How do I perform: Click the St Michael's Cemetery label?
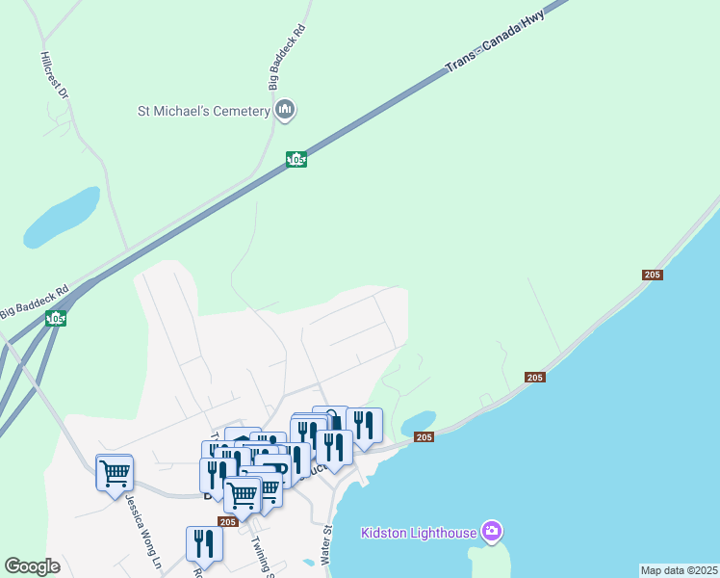click(203, 112)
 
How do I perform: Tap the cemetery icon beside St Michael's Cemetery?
click(284, 111)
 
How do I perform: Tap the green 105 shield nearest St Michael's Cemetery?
click(296, 159)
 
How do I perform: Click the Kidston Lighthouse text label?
click(419, 533)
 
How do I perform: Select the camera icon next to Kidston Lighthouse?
click(492, 531)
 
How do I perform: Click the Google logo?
click(32, 566)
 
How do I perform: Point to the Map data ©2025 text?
click(679, 570)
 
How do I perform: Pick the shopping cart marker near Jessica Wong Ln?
click(115, 472)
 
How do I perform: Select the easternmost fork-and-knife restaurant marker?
click(364, 424)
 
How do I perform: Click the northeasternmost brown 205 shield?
click(652, 276)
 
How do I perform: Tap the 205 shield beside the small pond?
click(424, 437)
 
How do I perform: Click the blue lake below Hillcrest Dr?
click(63, 218)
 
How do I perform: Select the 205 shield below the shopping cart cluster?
click(227, 521)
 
